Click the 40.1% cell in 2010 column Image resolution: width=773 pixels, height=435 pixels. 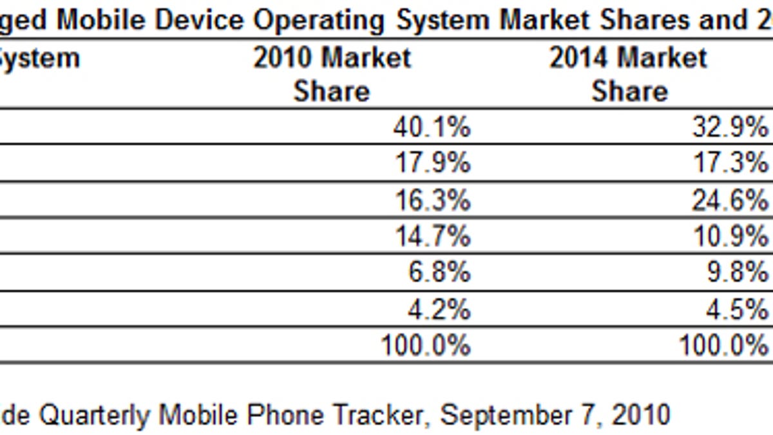point(431,128)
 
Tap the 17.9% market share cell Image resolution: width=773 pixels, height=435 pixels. point(431,164)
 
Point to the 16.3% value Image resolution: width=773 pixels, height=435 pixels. point(431,200)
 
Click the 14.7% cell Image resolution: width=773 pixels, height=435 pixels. point(431,237)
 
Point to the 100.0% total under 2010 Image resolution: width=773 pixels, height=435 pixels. point(425,346)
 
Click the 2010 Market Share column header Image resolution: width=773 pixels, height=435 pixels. point(332,74)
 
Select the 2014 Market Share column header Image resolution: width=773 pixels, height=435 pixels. point(629,74)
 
